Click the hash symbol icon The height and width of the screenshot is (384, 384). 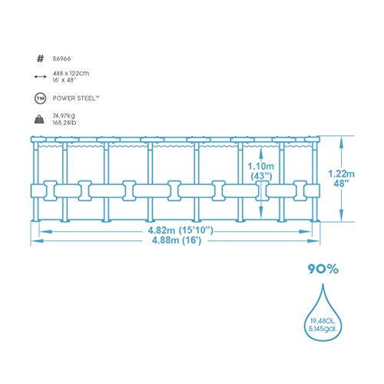40,58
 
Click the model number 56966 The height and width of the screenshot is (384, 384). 61,59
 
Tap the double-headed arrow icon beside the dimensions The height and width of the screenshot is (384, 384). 40,77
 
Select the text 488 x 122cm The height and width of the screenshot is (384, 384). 71,74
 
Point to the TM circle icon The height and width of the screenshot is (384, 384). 40,98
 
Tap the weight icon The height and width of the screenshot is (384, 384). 39,119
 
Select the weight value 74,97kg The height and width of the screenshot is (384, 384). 64,116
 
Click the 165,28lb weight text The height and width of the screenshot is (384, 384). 65,123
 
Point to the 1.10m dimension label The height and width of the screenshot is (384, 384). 260,167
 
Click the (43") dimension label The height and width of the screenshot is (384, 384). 261,176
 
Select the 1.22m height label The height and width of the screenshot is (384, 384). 341,174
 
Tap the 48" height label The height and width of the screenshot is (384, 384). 341,184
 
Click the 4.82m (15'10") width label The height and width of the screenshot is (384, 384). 180,230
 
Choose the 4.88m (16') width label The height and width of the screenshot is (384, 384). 177,240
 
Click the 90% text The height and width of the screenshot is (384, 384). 323,269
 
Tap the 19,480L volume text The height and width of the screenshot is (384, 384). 323,321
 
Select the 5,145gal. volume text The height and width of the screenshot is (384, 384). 323,329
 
